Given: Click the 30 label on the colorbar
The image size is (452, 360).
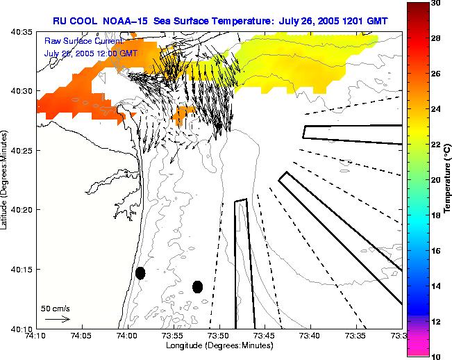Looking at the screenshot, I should point(436,3).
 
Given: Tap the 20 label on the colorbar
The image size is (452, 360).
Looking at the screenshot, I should point(436,179).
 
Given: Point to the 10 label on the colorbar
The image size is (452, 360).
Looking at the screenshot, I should point(436,356).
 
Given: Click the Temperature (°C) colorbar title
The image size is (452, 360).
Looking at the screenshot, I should point(449,179).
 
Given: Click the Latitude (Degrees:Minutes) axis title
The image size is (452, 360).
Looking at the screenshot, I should point(6,180).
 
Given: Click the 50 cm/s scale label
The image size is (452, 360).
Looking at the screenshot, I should point(56,308).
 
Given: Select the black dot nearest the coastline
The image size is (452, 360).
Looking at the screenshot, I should point(140,273).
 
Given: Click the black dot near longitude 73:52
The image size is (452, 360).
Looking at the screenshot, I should point(197,286).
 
